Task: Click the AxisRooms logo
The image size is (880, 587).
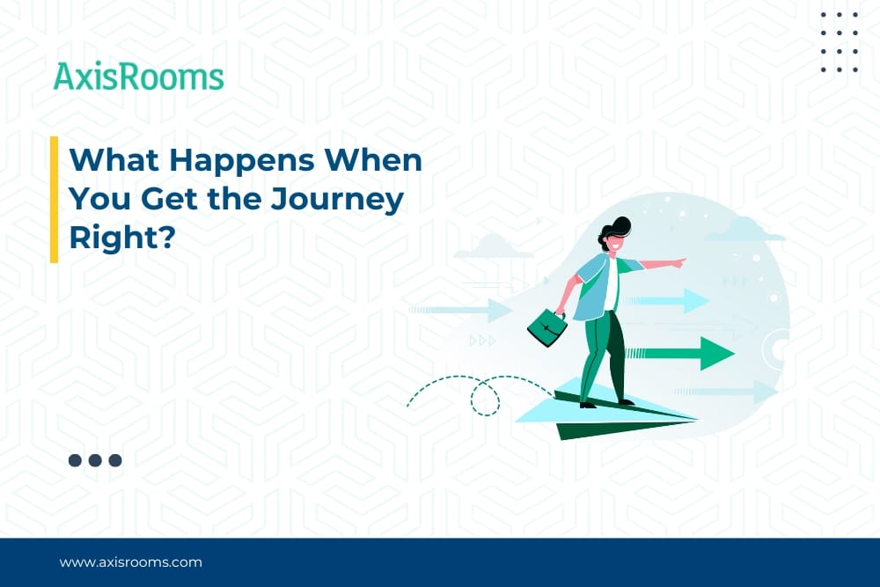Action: pyautogui.click(x=139, y=77)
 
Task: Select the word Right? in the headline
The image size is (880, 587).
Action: pyautogui.click(x=123, y=238)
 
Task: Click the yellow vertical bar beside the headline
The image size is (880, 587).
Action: pyautogui.click(x=54, y=199)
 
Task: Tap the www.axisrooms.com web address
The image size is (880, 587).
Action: pyautogui.click(x=131, y=562)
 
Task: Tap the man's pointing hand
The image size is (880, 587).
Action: pyautogui.click(x=678, y=262)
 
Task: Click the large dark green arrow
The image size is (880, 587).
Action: pyautogui.click(x=680, y=353)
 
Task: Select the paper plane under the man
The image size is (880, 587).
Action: pyautogui.click(x=606, y=409)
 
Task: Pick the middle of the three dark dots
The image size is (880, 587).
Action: pyautogui.click(x=95, y=460)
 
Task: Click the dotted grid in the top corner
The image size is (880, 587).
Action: pyautogui.click(x=840, y=42)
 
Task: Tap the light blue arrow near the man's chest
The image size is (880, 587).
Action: pyautogui.click(x=666, y=301)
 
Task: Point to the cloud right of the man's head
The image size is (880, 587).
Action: pyautogui.click(x=744, y=230)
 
